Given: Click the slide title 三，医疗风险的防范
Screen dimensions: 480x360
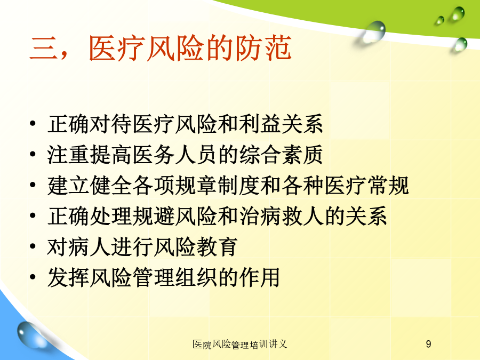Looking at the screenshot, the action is [160, 48].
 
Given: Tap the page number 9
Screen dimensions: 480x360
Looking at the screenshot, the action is [428, 344].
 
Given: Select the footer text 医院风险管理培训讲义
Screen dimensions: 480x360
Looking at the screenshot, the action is [239, 345].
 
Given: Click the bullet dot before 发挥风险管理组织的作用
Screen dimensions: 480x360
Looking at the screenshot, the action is [33, 277].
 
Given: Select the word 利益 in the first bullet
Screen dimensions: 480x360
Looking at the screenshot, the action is [260, 124].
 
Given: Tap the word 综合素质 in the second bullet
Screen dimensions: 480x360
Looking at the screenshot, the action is [281, 155].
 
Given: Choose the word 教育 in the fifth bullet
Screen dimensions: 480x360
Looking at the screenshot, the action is [217, 247].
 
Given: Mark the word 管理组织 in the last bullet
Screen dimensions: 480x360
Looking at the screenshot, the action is [175, 277].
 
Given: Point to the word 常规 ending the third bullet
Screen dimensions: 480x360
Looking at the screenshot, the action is [388, 185].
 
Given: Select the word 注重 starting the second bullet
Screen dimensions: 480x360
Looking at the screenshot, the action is [68, 155].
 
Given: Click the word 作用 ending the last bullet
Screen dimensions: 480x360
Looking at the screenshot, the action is [260, 277].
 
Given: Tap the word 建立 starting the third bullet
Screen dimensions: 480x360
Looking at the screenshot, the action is [68, 185].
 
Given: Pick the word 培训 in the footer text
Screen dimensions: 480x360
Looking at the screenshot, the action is [259, 345].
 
